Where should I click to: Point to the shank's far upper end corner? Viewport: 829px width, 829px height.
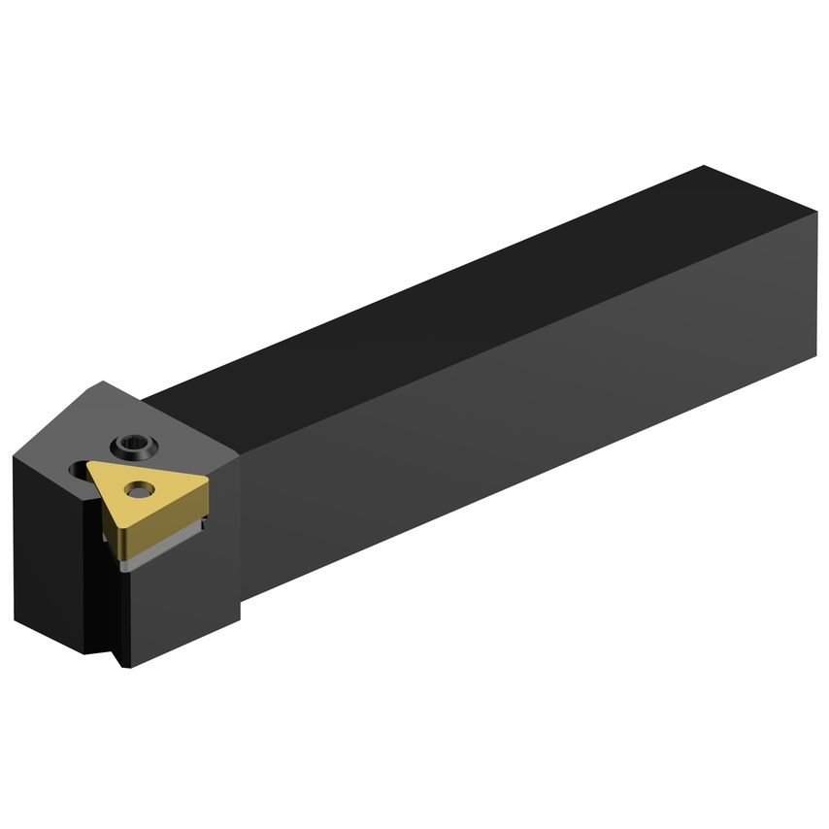(706, 167)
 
